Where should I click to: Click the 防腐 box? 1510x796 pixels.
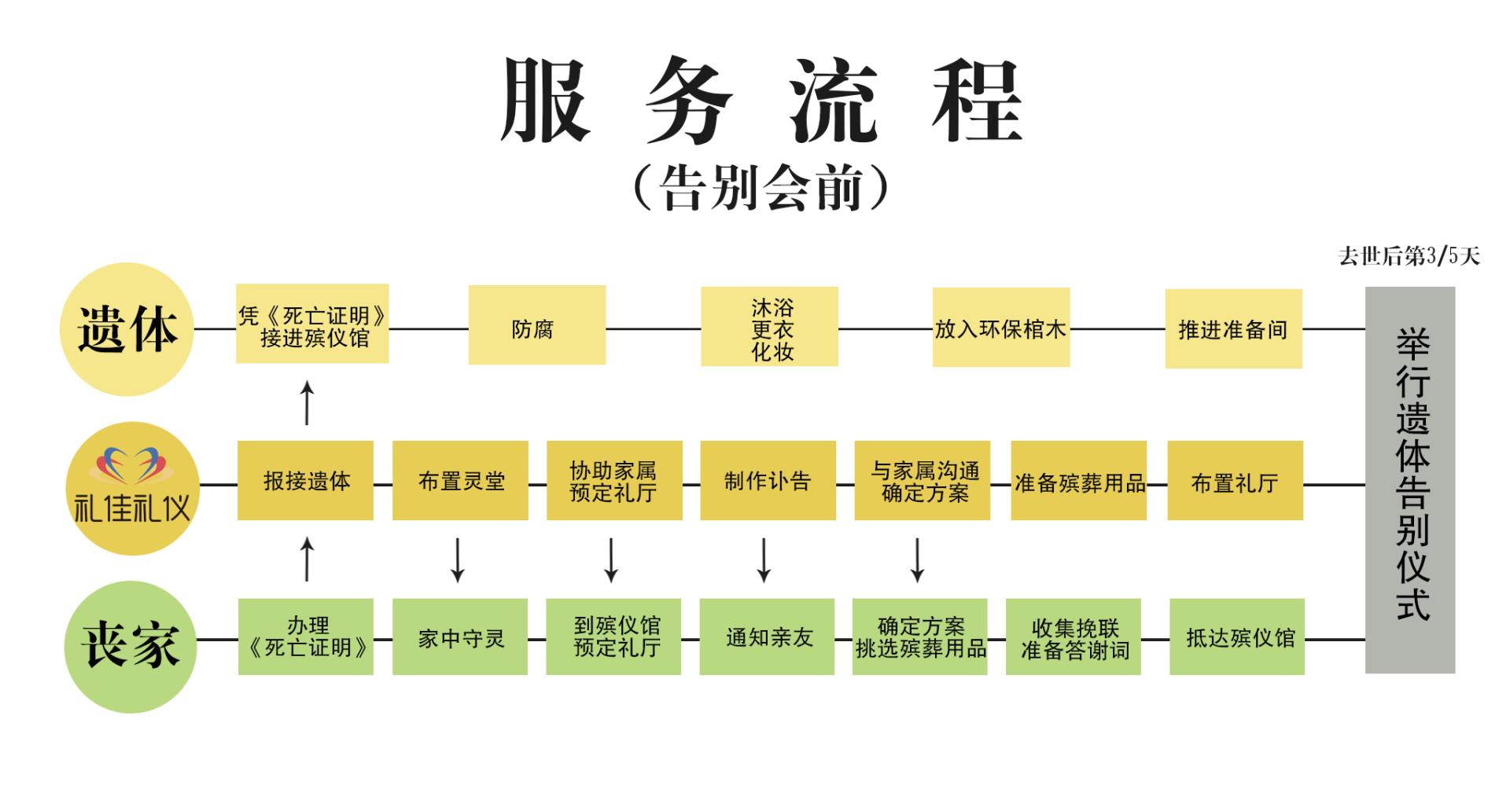pyautogui.click(x=536, y=325)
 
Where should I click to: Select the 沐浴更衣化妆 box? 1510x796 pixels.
pyautogui.click(x=769, y=327)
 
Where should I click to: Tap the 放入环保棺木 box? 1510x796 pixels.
pyautogui.click(x=1000, y=328)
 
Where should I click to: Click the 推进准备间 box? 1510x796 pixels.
pyautogui.click(x=1233, y=328)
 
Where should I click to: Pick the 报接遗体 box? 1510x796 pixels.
pyautogui.click(x=305, y=480)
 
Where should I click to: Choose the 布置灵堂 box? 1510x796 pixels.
pyautogui.click(x=460, y=480)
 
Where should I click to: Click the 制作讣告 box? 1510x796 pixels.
pyautogui.click(x=768, y=480)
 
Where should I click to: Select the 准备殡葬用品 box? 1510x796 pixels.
pyautogui.click(x=1078, y=481)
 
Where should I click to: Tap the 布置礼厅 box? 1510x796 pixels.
pyautogui.click(x=1235, y=481)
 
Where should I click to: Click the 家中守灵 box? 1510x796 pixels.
pyautogui.click(x=460, y=636)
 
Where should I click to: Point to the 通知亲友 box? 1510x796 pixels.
pyautogui.click(x=767, y=636)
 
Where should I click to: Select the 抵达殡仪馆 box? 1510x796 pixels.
pyautogui.click(x=1236, y=636)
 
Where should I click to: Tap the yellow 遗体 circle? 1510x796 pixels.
pyautogui.click(x=127, y=328)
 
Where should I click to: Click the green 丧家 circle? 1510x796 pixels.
pyautogui.click(x=131, y=646)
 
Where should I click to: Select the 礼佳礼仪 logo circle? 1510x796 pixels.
pyautogui.click(x=131, y=488)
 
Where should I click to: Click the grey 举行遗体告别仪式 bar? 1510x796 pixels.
pyautogui.click(x=1410, y=479)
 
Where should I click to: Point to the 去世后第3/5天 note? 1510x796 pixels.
pyautogui.click(x=1409, y=256)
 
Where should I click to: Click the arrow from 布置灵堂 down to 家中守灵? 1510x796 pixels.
pyautogui.click(x=458, y=559)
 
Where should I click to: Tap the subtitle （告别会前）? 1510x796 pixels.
pyautogui.click(x=761, y=189)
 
